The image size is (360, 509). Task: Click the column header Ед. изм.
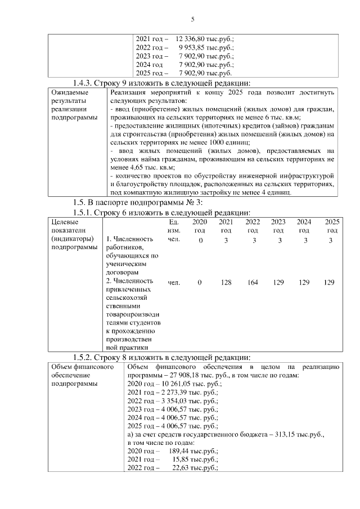click(x=174, y=226)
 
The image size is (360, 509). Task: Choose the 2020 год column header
click(x=200, y=226)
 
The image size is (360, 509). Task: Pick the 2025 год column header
click(x=332, y=226)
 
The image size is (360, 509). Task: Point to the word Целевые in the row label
click(x=64, y=222)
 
